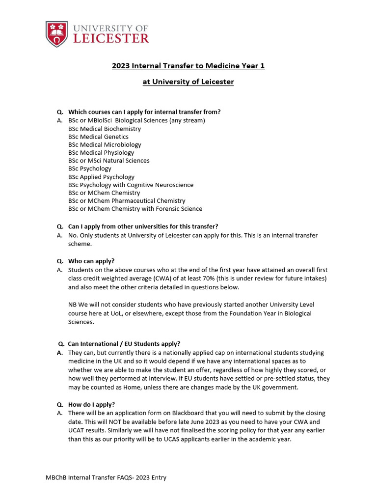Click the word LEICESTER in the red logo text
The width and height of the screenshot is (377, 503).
click(x=111, y=38)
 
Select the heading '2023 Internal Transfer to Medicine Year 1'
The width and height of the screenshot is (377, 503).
click(x=188, y=66)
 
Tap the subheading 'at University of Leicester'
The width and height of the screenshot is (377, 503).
click(x=188, y=82)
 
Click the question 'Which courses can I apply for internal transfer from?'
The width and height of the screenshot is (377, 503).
click(x=144, y=112)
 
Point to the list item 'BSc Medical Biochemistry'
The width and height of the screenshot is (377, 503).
click(x=105, y=129)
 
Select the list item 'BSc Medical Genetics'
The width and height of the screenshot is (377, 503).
click(x=98, y=137)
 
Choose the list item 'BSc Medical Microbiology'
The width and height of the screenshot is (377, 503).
click(x=105, y=144)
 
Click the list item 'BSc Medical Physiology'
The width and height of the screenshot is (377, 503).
click(x=101, y=152)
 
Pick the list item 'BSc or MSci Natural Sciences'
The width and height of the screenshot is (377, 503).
click(x=109, y=161)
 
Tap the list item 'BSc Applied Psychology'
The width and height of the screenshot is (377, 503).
click(x=101, y=177)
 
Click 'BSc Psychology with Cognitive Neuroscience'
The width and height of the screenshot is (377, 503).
click(x=131, y=185)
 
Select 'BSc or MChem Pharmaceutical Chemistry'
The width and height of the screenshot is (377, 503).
click(x=127, y=200)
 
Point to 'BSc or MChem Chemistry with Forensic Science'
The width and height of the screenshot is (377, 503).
click(x=135, y=209)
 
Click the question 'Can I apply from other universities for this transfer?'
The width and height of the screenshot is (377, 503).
click(x=143, y=226)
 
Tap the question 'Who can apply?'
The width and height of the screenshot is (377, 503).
click(x=93, y=261)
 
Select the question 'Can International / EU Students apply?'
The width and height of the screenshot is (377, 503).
click(x=124, y=343)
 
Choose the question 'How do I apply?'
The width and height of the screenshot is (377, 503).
click(x=91, y=404)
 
